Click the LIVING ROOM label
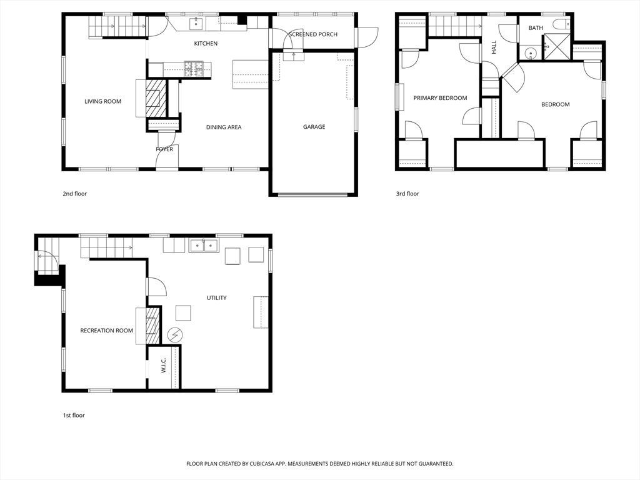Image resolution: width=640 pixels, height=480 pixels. [x=103, y=102]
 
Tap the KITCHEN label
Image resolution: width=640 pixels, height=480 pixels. [x=206, y=44]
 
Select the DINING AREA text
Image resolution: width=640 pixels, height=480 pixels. [x=224, y=127]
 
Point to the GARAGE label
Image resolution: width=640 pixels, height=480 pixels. [x=314, y=127]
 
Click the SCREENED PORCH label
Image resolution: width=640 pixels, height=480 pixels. [x=313, y=34]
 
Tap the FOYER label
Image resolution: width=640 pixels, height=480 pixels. [x=164, y=149]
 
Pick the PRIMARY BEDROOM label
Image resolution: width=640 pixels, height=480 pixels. [x=440, y=98]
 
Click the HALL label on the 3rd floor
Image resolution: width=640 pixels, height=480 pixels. [x=494, y=47]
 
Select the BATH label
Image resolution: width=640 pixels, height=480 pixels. [x=536, y=28]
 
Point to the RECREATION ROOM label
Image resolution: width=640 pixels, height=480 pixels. [x=106, y=331]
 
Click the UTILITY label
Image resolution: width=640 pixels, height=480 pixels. [x=216, y=298]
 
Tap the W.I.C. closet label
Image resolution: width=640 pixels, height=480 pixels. [x=163, y=365]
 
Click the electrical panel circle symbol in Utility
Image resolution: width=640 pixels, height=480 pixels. [x=175, y=336]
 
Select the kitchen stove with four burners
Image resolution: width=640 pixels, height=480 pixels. [x=194, y=69]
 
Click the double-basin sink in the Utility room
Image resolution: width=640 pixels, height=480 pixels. [x=203, y=246]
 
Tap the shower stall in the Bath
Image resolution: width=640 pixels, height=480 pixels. [x=557, y=47]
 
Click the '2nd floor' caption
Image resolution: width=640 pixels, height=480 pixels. [x=75, y=194]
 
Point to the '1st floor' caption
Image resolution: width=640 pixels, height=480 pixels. [x=74, y=416]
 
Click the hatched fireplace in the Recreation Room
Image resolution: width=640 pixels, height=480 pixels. [x=152, y=326]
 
